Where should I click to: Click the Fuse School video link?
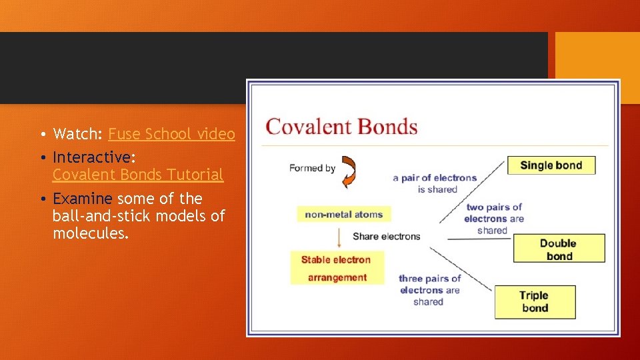171,134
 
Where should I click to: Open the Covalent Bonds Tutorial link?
138,175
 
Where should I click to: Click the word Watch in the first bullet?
75,134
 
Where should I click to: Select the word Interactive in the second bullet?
92,157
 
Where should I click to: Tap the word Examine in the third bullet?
82,199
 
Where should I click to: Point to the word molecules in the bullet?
90,233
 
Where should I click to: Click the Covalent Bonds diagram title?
341,127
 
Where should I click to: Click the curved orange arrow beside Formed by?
349,171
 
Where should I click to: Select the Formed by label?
312,168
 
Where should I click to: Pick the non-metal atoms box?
344,214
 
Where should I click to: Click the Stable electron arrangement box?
337,268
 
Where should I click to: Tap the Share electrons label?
387,236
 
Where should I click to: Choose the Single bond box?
551,165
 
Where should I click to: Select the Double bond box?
559,249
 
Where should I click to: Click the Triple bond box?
535,302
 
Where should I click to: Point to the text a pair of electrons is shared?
435,183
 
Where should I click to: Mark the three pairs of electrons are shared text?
429,290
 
